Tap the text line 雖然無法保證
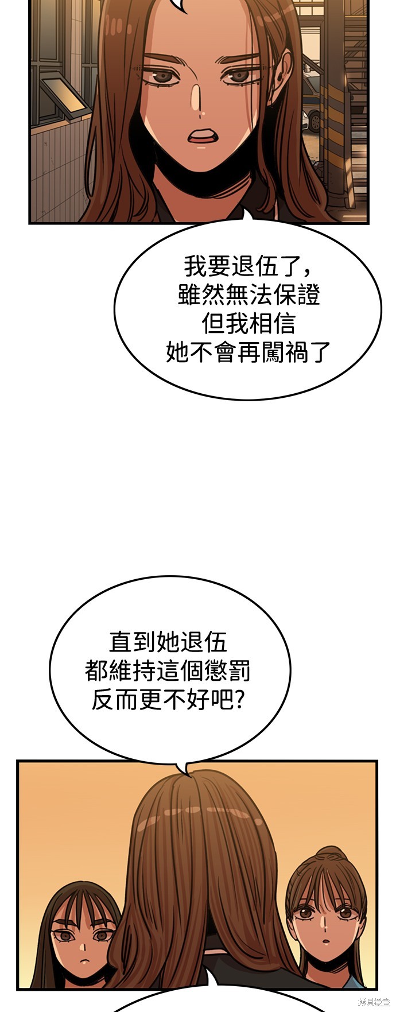[x=249, y=295]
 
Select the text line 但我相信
[x=249, y=324]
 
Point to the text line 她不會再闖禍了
[x=249, y=352]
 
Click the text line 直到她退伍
[x=168, y=641]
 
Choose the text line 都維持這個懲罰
[x=168, y=670]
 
